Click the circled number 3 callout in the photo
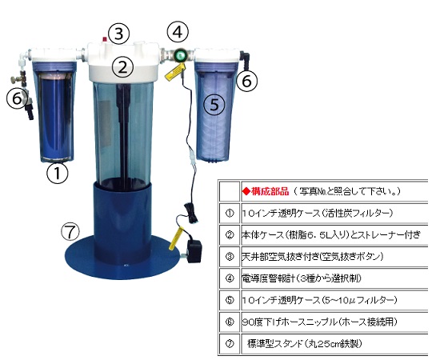point(118,34)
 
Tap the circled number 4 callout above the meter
point(178,32)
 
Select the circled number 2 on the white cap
point(122,67)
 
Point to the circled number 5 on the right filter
point(214,104)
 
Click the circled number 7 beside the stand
point(70,232)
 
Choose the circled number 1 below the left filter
point(58,173)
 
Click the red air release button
point(105,39)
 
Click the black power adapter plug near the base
point(194,251)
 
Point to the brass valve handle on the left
point(16,79)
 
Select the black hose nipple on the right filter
point(245,58)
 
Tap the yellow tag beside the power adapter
point(177,237)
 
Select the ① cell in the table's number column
point(230,213)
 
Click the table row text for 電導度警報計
point(301,278)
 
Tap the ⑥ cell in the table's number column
point(230,322)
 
